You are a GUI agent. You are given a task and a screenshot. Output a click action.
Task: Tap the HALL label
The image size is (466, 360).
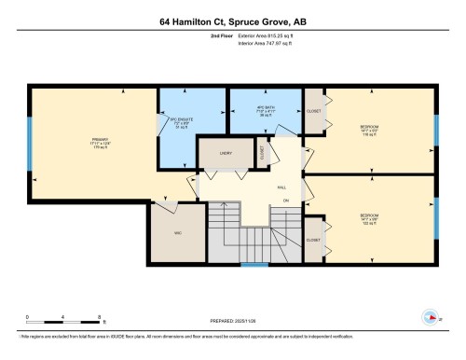click(x=281, y=187)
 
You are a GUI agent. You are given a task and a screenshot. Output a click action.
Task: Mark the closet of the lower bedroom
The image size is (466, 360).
click(x=314, y=240)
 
